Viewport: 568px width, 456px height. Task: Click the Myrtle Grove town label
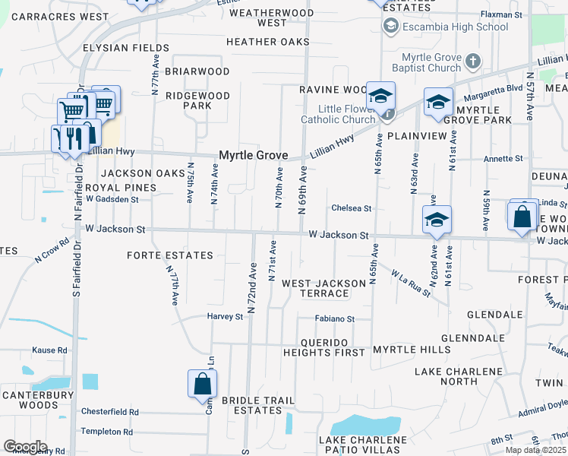click(x=253, y=155)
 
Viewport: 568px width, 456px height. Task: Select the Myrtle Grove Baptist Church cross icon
click(x=472, y=60)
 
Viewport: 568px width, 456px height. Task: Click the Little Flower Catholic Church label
click(x=337, y=113)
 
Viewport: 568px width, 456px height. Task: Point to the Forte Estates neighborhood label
click(x=170, y=256)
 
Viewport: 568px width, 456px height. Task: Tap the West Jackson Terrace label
click(x=323, y=288)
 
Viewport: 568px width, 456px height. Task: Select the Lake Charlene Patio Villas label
click(x=363, y=445)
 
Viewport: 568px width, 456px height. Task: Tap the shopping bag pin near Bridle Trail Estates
click(x=203, y=383)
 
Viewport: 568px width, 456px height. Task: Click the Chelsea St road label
click(x=351, y=208)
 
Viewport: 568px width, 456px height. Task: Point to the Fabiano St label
click(x=335, y=319)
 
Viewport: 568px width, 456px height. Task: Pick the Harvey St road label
click(x=225, y=316)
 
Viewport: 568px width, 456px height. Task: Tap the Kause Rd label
click(x=49, y=350)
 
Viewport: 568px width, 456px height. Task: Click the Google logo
click(x=25, y=447)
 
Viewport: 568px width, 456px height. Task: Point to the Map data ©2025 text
click(x=535, y=450)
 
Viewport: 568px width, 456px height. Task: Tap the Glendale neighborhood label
click(x=494, y=314)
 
